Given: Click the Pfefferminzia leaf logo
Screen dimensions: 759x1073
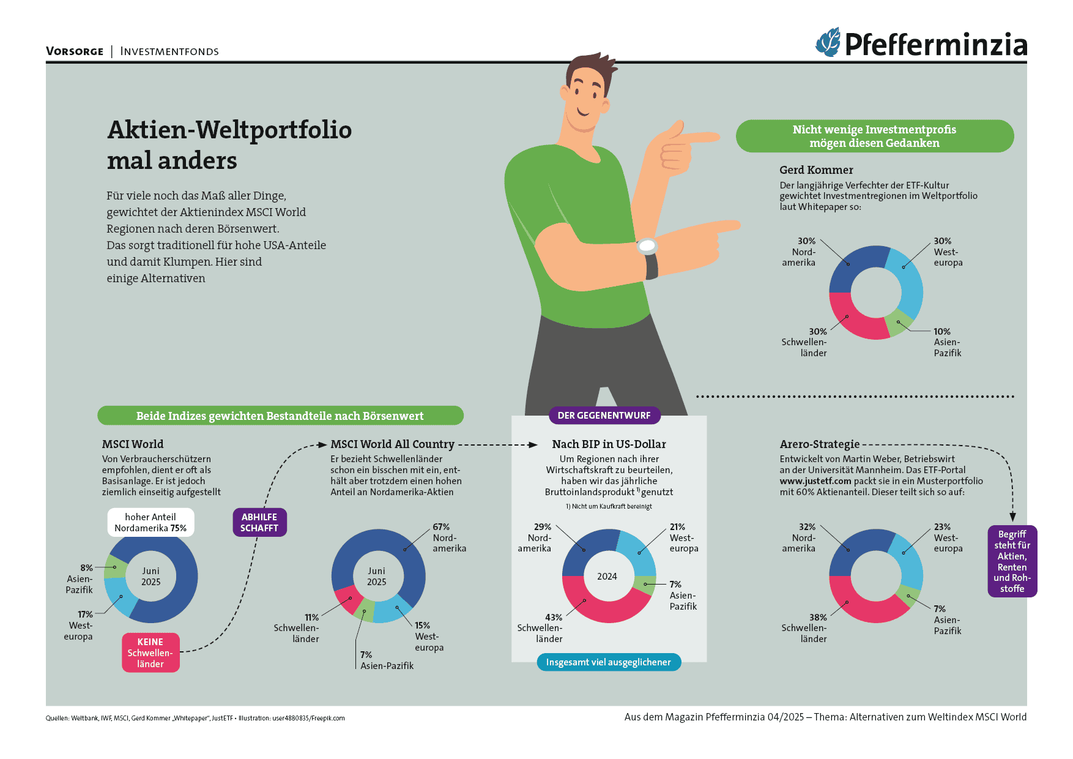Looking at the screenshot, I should click(x=829, y=43).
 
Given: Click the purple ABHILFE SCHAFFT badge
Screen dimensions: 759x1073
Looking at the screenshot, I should click(x=259, y=523).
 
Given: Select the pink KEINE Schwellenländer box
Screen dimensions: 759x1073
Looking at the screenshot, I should click(x=150, y=652).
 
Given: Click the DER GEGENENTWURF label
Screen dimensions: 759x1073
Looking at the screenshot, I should click(x=604, y=416).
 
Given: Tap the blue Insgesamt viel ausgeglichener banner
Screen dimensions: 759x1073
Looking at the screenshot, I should click(x=608, y=662).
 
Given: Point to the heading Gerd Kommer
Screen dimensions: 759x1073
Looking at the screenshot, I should click(x=816, y=170).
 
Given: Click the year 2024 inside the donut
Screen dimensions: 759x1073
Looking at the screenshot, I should click(x=607, y=577).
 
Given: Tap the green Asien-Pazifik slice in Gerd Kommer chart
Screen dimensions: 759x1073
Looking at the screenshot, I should click(x=899, y=323).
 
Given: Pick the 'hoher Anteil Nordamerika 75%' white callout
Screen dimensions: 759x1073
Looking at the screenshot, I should click(x=150, y=523).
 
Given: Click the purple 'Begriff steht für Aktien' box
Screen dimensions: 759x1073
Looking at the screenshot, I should click(x=1012, y=561).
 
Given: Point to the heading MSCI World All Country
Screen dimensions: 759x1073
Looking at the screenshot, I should click(x=392, y=444).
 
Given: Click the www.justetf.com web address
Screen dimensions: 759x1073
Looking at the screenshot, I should click(x=815, y=481).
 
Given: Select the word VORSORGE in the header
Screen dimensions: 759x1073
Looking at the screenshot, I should click(x=75, y=51).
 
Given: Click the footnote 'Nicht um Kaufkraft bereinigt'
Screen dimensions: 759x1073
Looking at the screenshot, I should click(x=609, y=506).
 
